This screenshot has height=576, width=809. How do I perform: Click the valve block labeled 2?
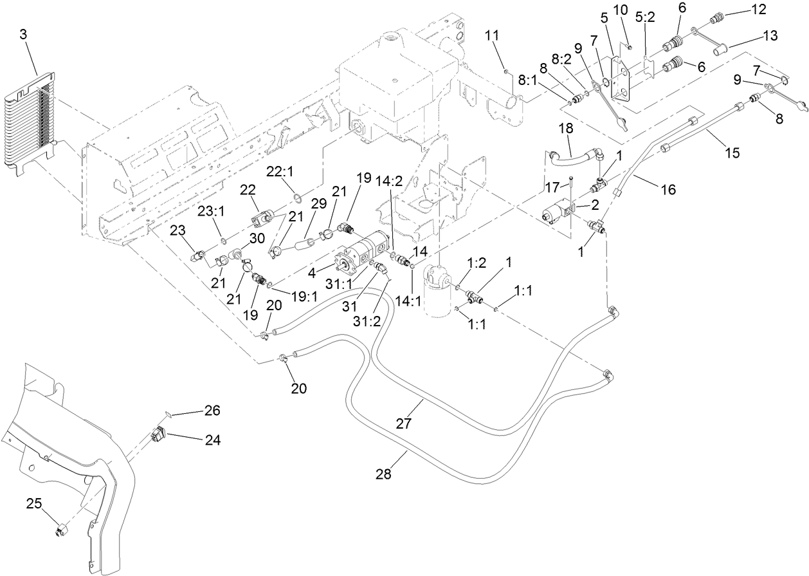click(554, 212)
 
